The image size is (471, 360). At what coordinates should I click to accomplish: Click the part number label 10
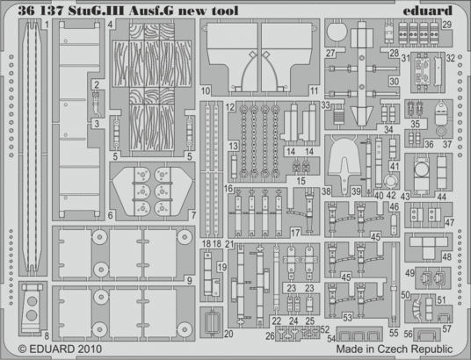click(x=204, y=90)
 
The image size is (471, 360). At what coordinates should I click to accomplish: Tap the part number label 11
click(x=314, y=90)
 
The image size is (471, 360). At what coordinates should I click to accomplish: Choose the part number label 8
click(x=21, y=335)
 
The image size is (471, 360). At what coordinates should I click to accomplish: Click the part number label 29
click(x=446, y=25)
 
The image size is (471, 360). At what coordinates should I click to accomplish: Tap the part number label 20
click(x=228, y=334)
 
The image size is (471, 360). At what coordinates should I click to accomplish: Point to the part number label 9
click(x=189, y=256)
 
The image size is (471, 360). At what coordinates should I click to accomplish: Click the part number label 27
click(x=330, y=53)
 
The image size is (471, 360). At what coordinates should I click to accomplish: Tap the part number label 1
click(x=45, y=25)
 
